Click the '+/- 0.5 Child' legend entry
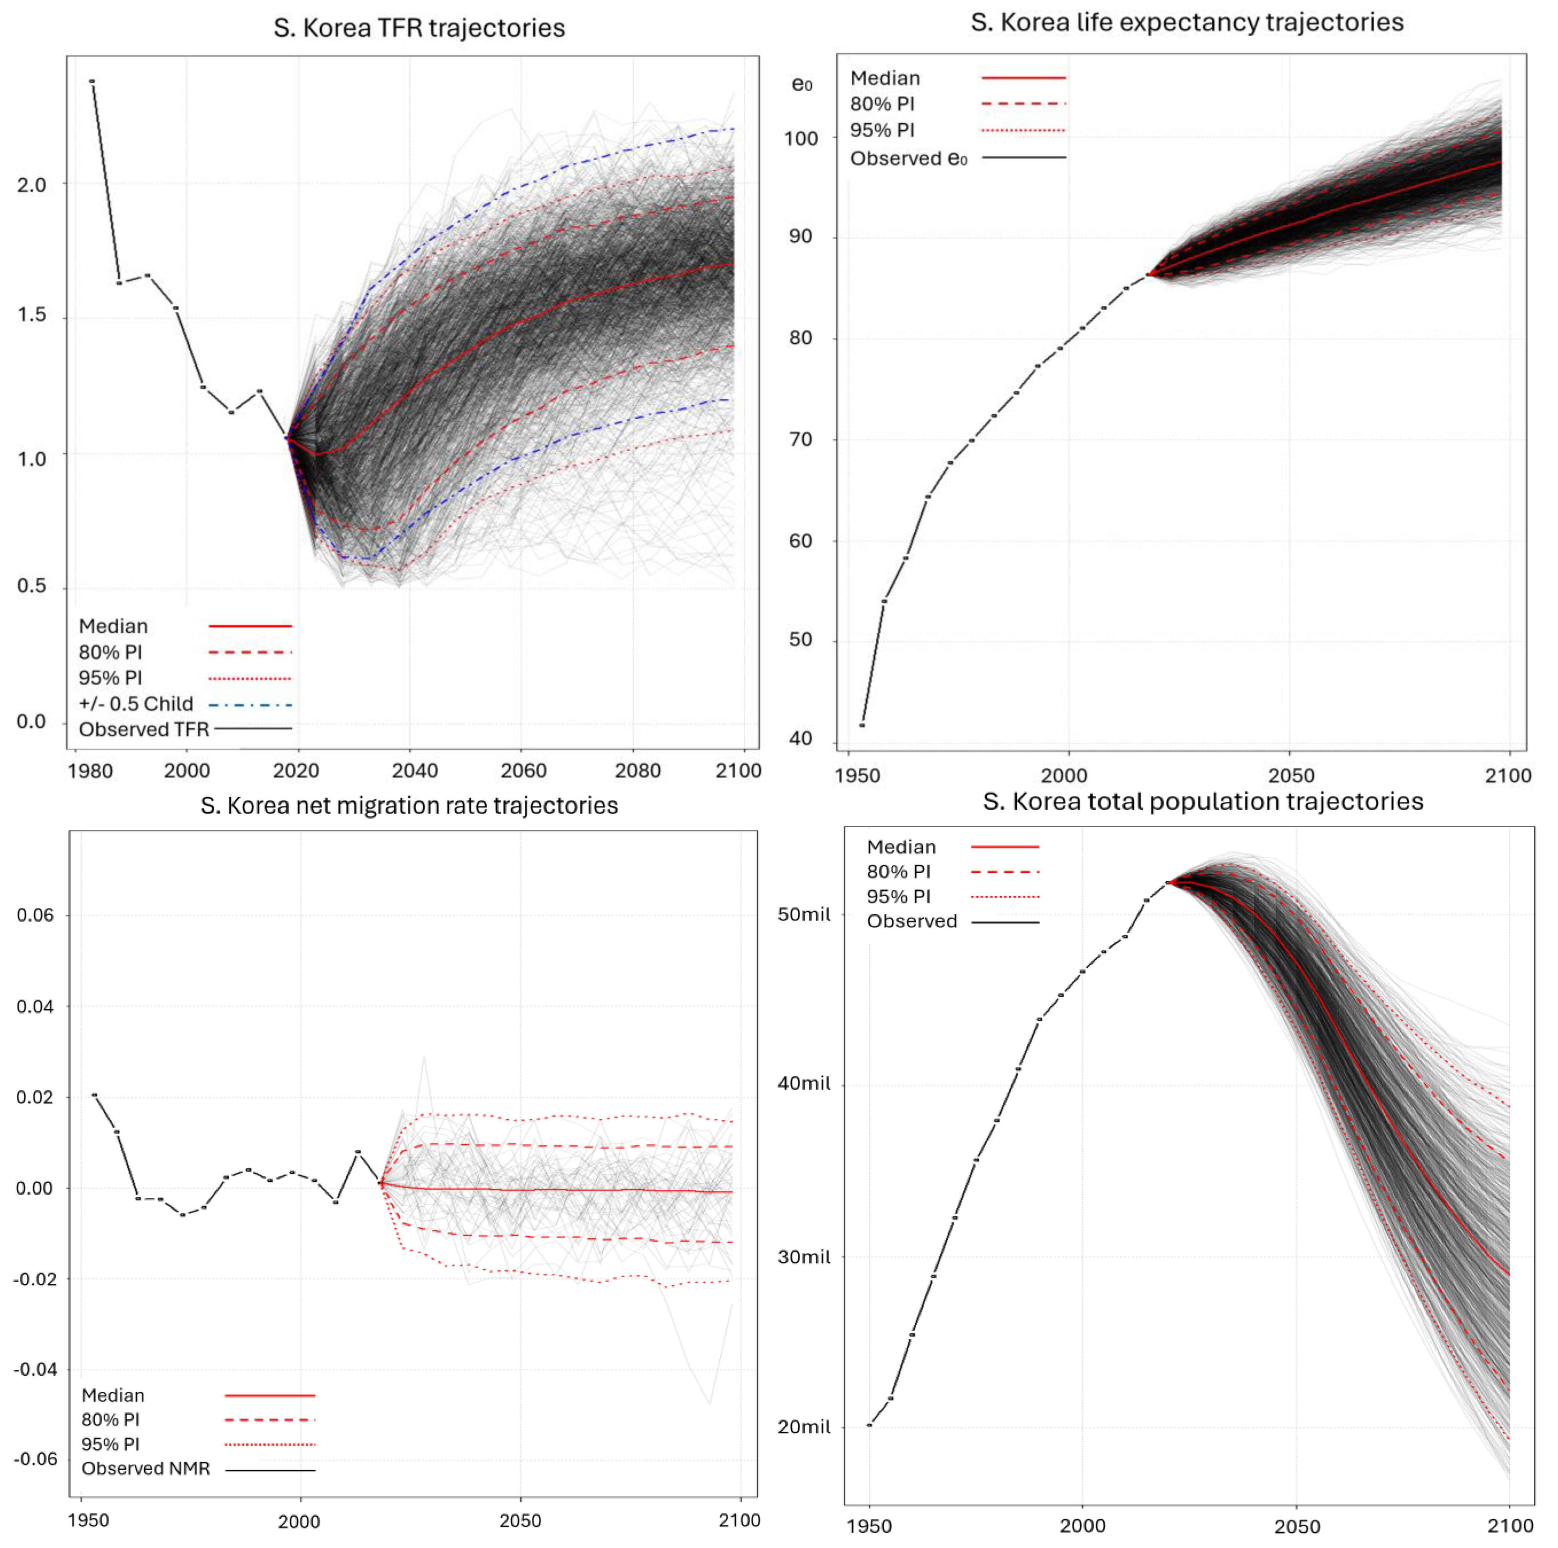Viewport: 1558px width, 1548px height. (136, 704)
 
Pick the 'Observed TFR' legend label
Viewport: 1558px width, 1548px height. (144, 729)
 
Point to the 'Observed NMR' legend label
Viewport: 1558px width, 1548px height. (145, 1468)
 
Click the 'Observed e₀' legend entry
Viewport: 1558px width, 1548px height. (908, 158)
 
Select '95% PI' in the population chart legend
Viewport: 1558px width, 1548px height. (898, 896)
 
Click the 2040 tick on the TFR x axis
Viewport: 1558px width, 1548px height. (415, 770)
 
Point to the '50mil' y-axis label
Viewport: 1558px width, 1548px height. (803, 914)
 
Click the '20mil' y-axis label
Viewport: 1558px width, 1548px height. (803, 1426)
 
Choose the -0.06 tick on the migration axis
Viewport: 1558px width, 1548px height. (35, 1459)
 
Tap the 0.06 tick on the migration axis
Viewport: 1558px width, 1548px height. (35, 915)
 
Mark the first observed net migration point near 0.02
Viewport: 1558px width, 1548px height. (94, 1095)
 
